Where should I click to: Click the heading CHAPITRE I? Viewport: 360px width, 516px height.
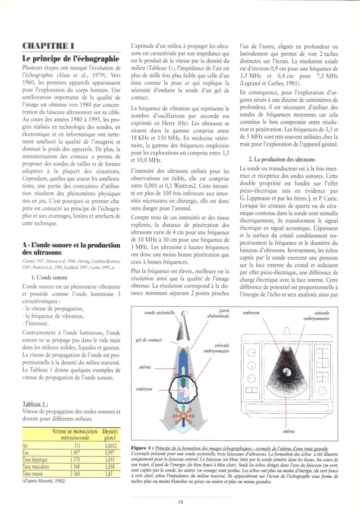click(48, 45)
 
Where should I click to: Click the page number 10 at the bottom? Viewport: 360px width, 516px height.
click(180, 502)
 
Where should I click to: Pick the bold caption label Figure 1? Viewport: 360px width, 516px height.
click(140, 448)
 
